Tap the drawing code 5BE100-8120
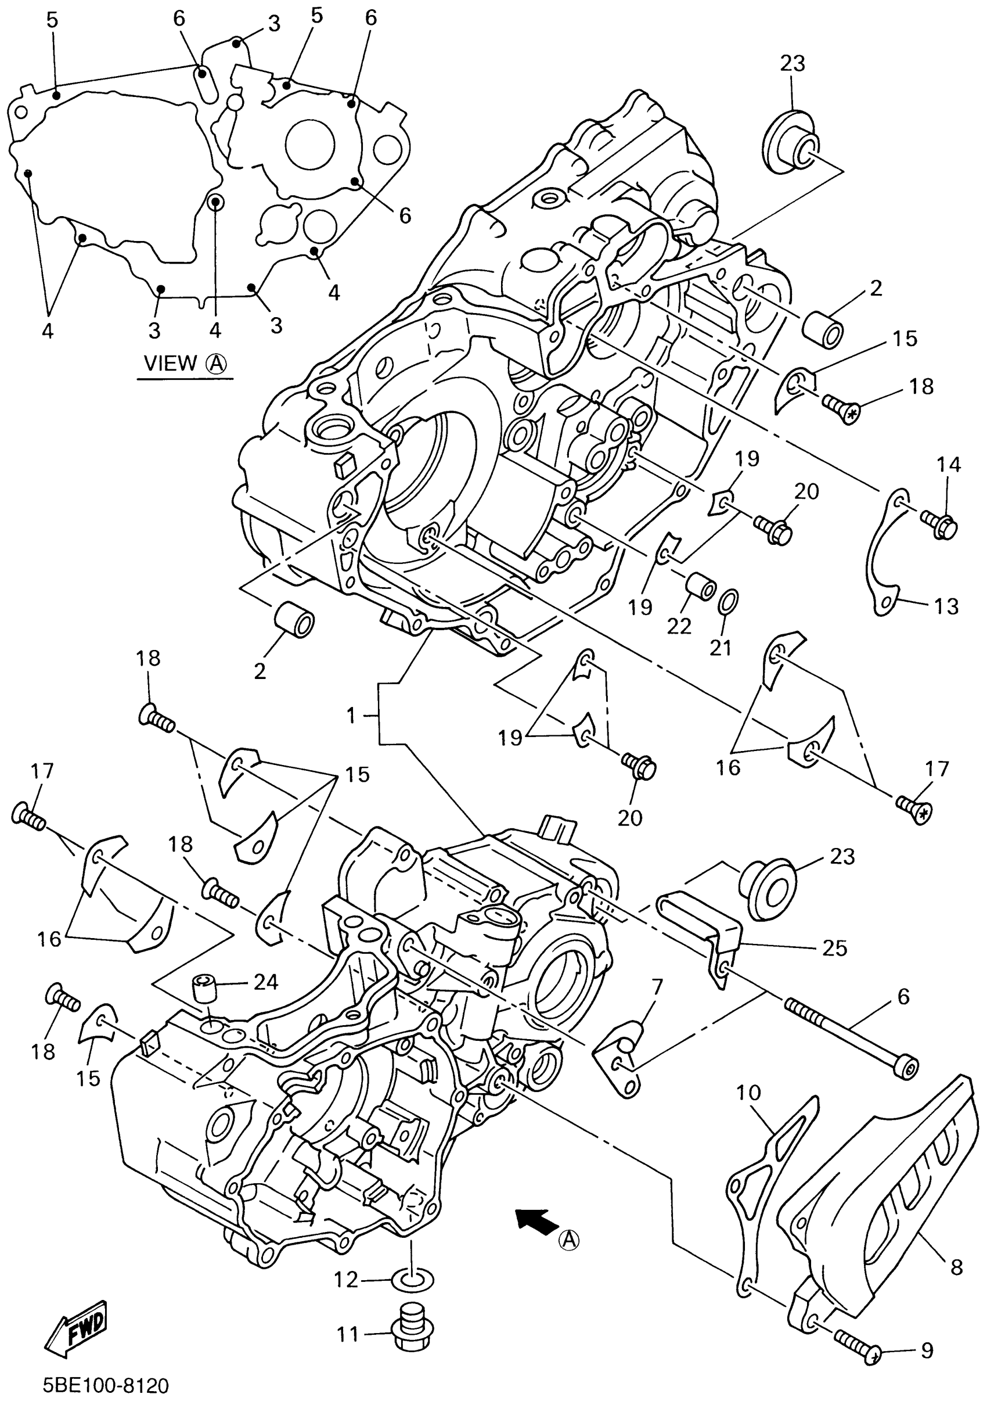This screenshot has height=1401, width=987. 106,1385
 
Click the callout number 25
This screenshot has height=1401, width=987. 834,947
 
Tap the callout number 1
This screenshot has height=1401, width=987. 351,716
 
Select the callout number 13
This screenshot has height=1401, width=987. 946,606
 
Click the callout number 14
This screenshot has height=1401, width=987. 949,464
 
